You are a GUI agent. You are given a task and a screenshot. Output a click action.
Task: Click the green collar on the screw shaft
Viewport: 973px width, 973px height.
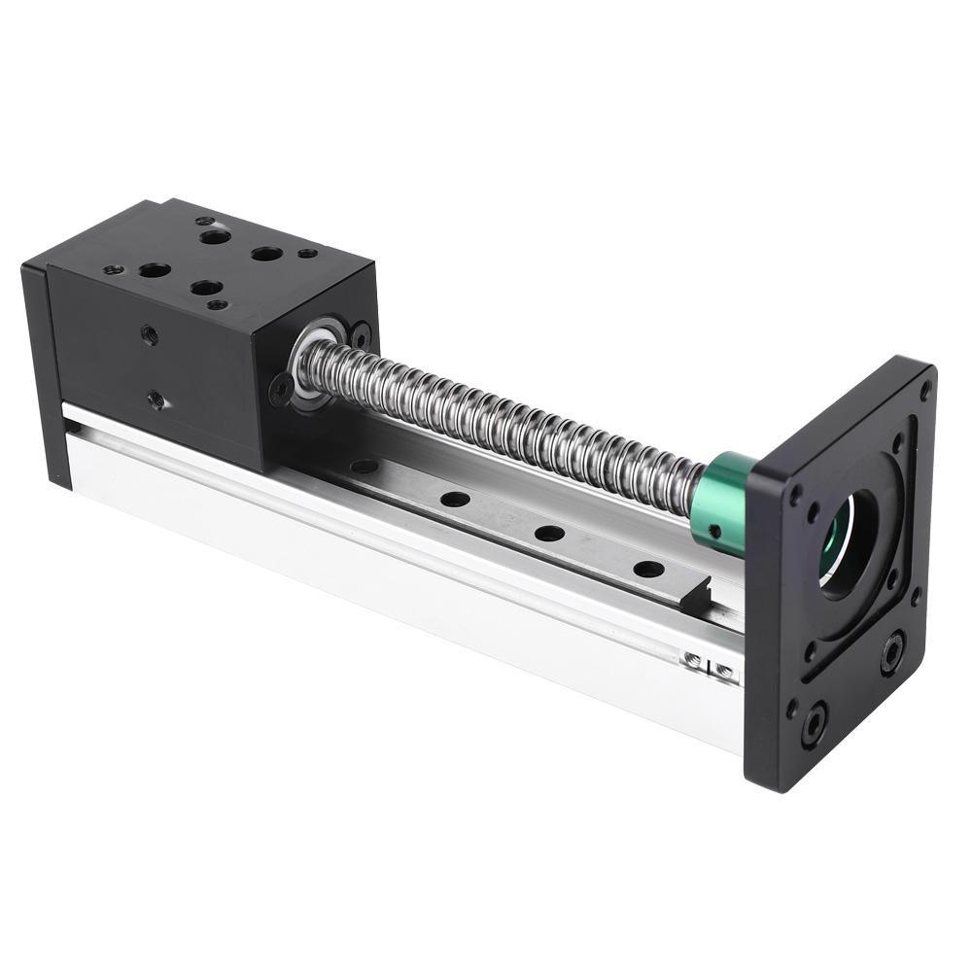coord(725,504)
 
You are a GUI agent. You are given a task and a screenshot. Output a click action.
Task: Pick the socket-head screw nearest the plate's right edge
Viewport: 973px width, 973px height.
coord(892,652)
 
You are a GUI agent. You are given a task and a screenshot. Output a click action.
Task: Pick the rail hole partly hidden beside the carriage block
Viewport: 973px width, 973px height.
coord(364,467)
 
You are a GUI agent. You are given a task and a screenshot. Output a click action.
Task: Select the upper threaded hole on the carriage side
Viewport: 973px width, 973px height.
coord(149,333)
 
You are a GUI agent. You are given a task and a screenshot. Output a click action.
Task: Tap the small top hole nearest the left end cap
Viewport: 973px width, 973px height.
coord(114,268)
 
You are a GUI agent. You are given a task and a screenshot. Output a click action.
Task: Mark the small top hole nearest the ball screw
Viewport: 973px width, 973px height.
coord(307,253)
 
